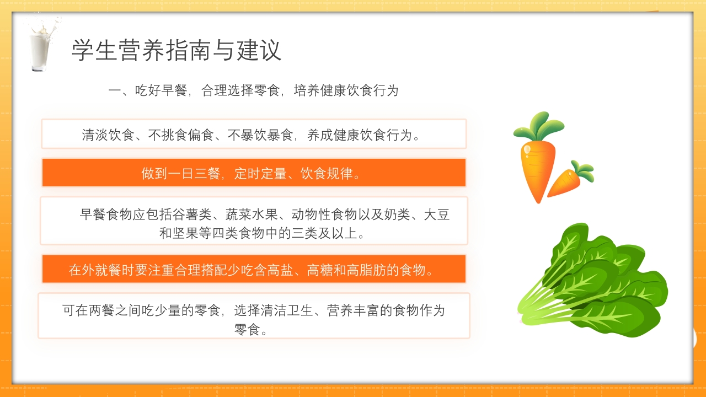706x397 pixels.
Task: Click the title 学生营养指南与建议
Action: [x=176, y=50]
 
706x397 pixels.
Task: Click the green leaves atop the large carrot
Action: [x=539, y=125]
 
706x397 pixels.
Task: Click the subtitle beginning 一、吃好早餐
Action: [x=253, y=91]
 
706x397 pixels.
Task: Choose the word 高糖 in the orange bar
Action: [x=319, y=270]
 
